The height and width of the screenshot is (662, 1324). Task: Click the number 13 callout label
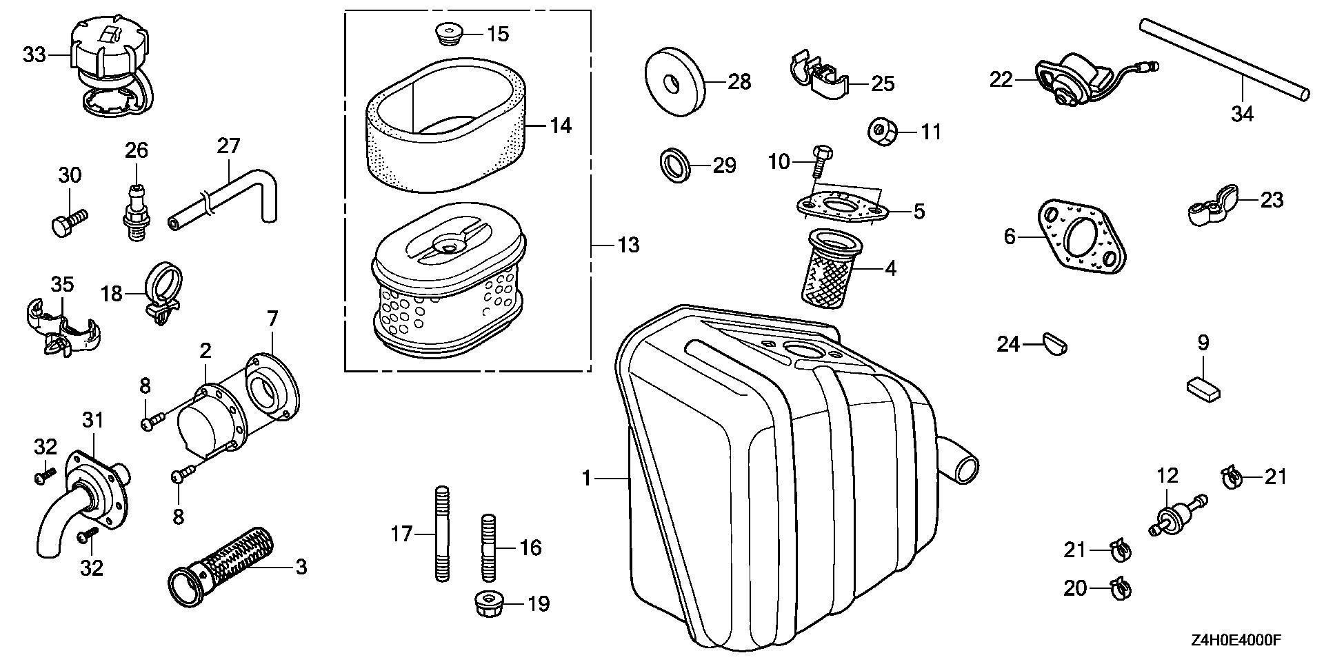(628, 245)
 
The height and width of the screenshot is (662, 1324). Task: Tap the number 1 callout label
(587, 478)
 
